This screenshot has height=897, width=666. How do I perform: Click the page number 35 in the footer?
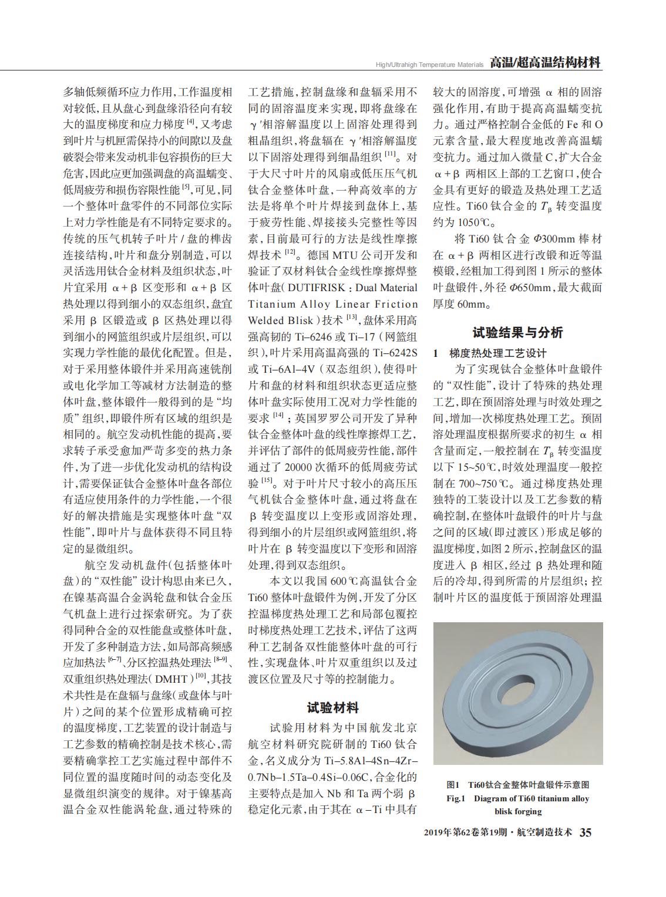click(586, 832)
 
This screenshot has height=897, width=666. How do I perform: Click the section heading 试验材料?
click(332, 707)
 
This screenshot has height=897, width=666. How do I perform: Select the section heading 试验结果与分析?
click(517, 332)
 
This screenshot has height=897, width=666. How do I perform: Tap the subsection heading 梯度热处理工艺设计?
click(498, 353)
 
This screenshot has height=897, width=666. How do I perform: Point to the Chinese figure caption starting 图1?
click(517, 784)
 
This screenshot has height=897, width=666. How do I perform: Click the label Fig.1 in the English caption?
click(456, 798)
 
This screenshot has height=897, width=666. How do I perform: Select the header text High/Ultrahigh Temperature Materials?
click(429, 64)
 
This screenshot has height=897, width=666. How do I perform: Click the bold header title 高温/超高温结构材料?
click(545, 63)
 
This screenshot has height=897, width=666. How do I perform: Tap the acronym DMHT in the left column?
click(173, 679)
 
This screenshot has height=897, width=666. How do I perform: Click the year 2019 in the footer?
click(435, 832)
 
